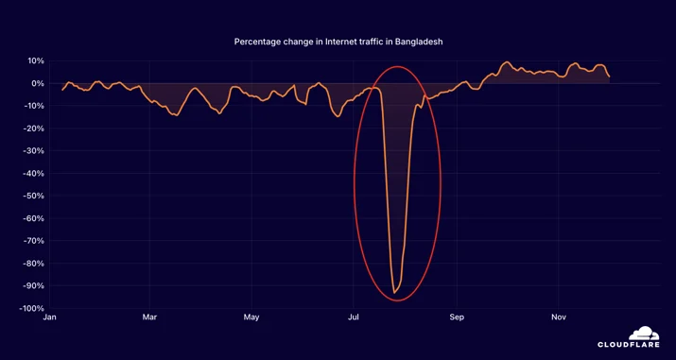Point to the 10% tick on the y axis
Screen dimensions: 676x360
tap(36, 60)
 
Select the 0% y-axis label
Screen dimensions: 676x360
tap(38, 83)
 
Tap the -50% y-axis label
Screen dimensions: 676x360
tap(33, 196)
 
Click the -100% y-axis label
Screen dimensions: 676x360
tap(31, 308)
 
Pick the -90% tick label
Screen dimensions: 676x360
tap(33, 286)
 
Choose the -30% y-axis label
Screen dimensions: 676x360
tap(33, 151)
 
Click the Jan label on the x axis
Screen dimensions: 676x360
tap(49, 317)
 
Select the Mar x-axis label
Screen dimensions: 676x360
tap(149, 317)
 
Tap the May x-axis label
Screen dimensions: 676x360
tap(251, 317)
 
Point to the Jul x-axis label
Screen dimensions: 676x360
tap(353, 317)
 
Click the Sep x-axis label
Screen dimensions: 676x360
tap(456, 317)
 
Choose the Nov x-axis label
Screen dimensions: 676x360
tap(559, 317)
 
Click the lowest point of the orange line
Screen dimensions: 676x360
tap(393, 293)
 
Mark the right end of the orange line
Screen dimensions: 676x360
tap(609, 77)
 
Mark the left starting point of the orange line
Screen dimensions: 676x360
tap(62, 90)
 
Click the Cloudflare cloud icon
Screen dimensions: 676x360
tap(644, 334)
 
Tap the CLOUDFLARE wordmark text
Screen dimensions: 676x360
tap(629, 345)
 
